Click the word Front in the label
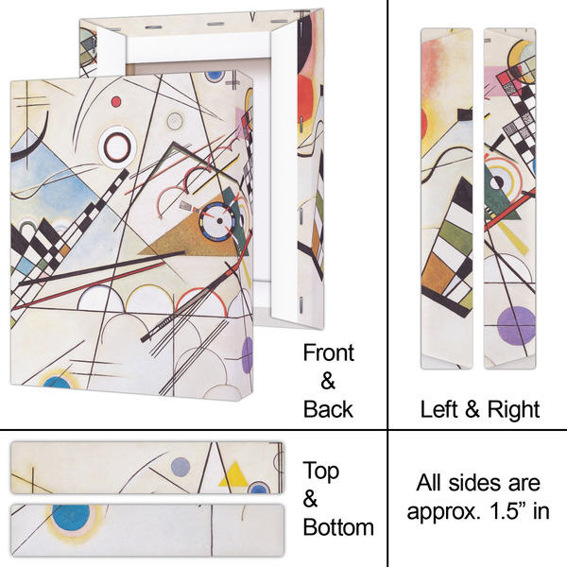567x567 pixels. click(328, 353)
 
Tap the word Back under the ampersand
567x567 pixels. click(328, 408)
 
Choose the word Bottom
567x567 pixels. click(338, 526)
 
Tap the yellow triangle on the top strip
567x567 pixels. click(233, 477)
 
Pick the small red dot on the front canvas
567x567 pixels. click(116, 101)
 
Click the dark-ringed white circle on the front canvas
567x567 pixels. click(119, 146)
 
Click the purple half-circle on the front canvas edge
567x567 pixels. click(249, 354)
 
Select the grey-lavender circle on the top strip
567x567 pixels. click(180, 465)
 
